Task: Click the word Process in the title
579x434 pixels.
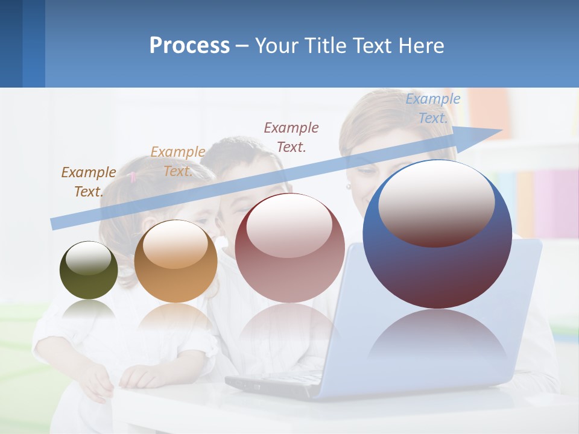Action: [x=189, y=46]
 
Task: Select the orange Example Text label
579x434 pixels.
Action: [x=178, y=162]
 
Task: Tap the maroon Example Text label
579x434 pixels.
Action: [x=291, y=137]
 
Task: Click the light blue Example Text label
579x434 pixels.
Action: [x=433, y=108]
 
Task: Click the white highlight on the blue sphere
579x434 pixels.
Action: [x=436, y=202]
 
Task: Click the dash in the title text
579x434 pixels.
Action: [x=242, y=46]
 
